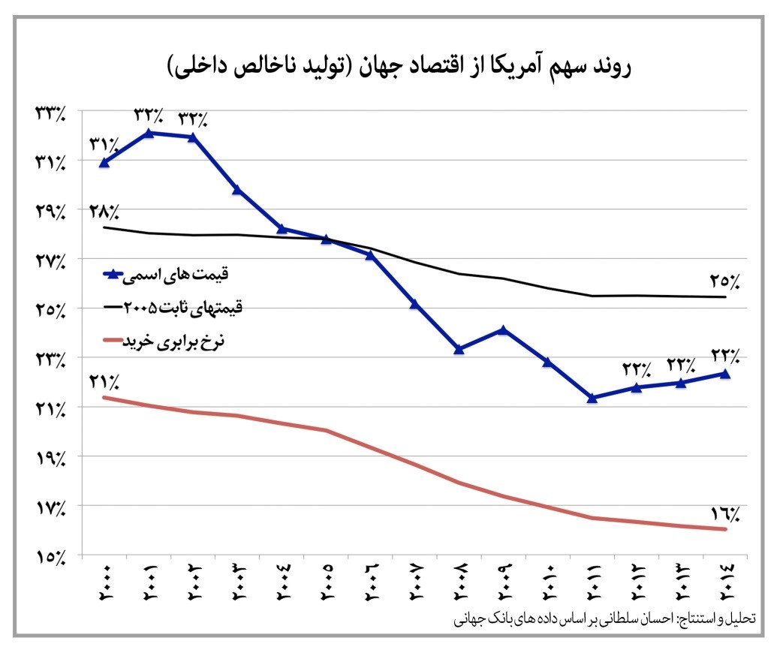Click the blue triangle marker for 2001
pos(149,133)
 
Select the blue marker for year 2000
pos(104,162)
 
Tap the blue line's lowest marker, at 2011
pos(592,398)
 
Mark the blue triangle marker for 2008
pos(459,349)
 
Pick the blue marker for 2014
pos(725,373)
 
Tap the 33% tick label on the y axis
pos(50,113)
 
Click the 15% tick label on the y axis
pos(50,556)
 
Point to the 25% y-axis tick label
pos(50,309)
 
